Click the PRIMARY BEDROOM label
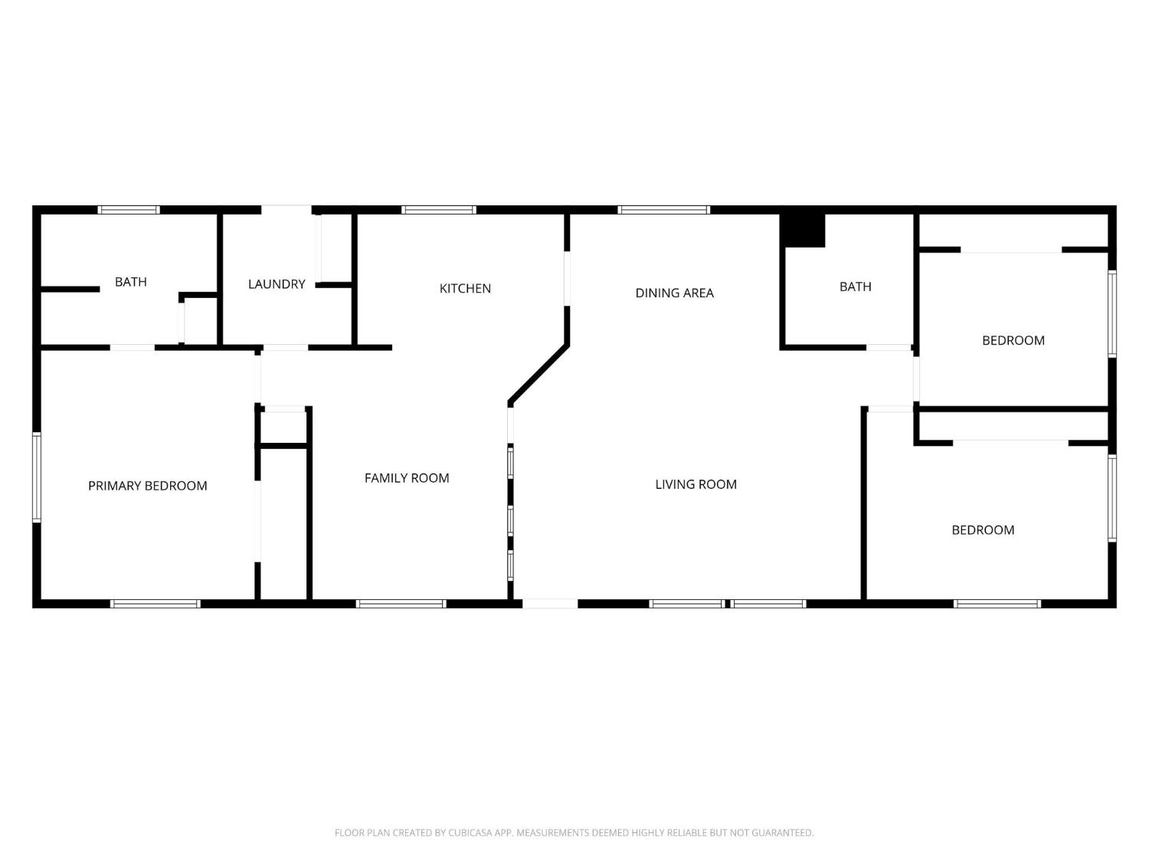tap(147, 486)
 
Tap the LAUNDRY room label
tap(277, 284)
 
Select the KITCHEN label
tap(465, 289)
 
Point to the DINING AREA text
tap(674, 293)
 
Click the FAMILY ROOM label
tap(406, 478)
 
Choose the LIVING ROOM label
tap(696, 484)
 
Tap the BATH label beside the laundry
tap(130, 282)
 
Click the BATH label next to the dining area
tap(855, 287)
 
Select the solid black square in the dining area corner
tap(802, 231)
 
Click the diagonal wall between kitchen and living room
tap(539, 374)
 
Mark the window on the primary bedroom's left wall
tap(36, 477)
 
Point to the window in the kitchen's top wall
tap(439, 210)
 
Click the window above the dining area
tap(663, 210)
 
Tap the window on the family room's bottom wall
tap(401, 604)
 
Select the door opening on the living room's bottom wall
tap(549, 604)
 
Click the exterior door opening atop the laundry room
tap(286, 209)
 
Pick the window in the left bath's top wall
tap(129, 210)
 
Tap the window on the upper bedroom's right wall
tap(1112, 313)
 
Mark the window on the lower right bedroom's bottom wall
tap(997, 604)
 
